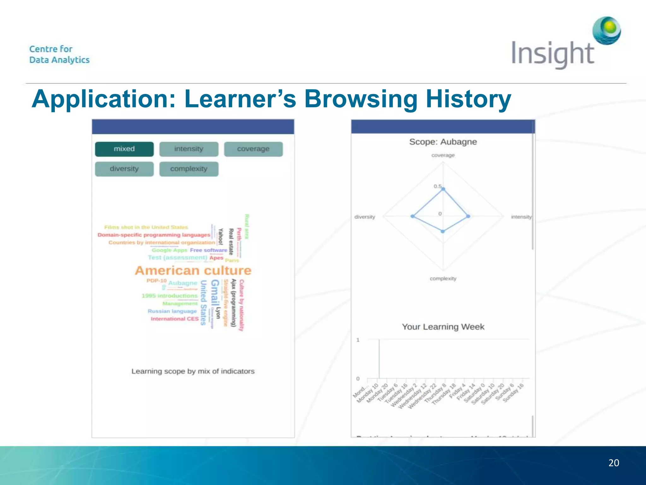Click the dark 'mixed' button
[124, 149]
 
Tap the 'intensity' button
[189, 149]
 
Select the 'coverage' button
[253, 149]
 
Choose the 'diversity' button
[124, 169]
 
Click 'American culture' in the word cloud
[193, 271]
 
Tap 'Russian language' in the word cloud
[172, 311]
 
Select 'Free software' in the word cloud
[208, 250]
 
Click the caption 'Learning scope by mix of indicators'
[193, 371]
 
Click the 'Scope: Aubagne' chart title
[443, 142]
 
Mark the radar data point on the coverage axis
[443, 189]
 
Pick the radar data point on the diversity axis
[412, 216]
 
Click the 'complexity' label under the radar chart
[443, 278]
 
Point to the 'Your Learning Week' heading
[443, 327]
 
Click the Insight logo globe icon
[607, 31]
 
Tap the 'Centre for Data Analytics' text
[59, 54]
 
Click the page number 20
[614, 463]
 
